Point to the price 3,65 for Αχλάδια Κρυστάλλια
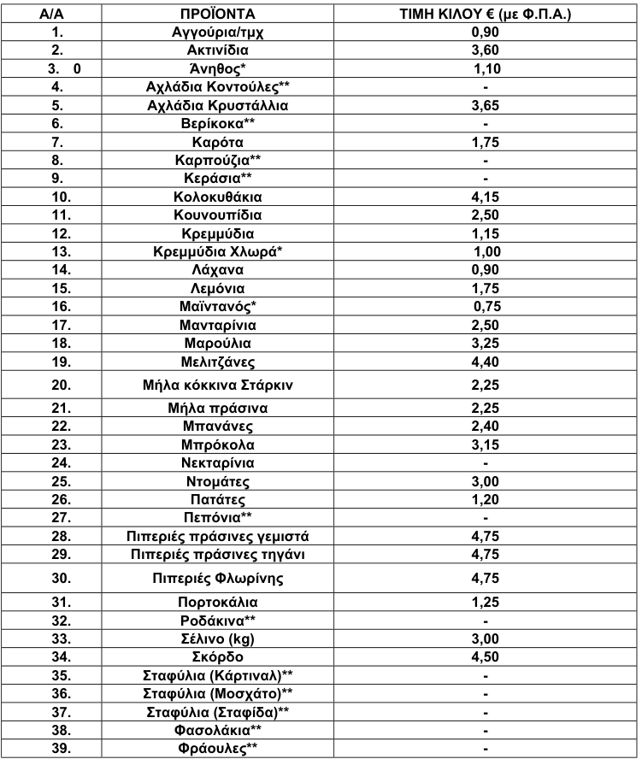point(485,106)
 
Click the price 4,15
point(485,196)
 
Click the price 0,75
point(487,307)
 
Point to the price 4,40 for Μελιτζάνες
point(485,361)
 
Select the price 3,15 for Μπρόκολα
point(485,445)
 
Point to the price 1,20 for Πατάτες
point(485,500)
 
